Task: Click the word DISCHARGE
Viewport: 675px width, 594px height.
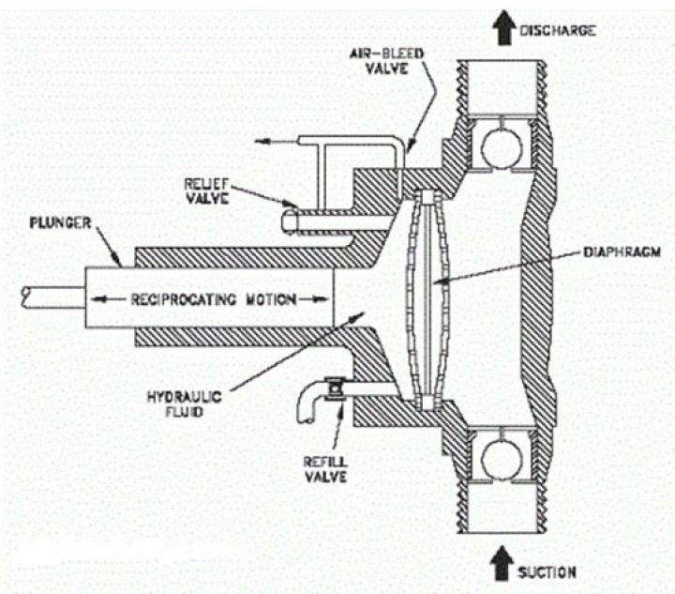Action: click(x=558, y=31)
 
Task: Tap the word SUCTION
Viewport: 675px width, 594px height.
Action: click(x=547, y=572)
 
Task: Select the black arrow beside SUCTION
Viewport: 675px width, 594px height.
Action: click(x=502, y=563)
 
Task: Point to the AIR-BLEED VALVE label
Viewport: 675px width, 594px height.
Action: click(x=386, y=61)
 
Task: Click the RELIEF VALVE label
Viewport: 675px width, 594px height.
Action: click(x=206, y=191)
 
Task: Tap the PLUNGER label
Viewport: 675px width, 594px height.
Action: click(x=61, y=223)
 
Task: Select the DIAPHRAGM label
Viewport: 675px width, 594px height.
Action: click(x=622, y=252)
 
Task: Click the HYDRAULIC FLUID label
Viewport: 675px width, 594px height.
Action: click(x=185, y=404)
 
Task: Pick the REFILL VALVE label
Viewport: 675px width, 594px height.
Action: click(x=325, y=469)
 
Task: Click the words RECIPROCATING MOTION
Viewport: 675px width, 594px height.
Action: click(x=214, y=299)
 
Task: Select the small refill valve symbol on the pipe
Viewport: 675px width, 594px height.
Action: click(x=335, y=388)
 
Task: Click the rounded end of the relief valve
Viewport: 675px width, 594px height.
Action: click(x=287, y=221)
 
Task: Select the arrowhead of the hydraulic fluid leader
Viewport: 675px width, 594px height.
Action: click(x=358, y=316)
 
